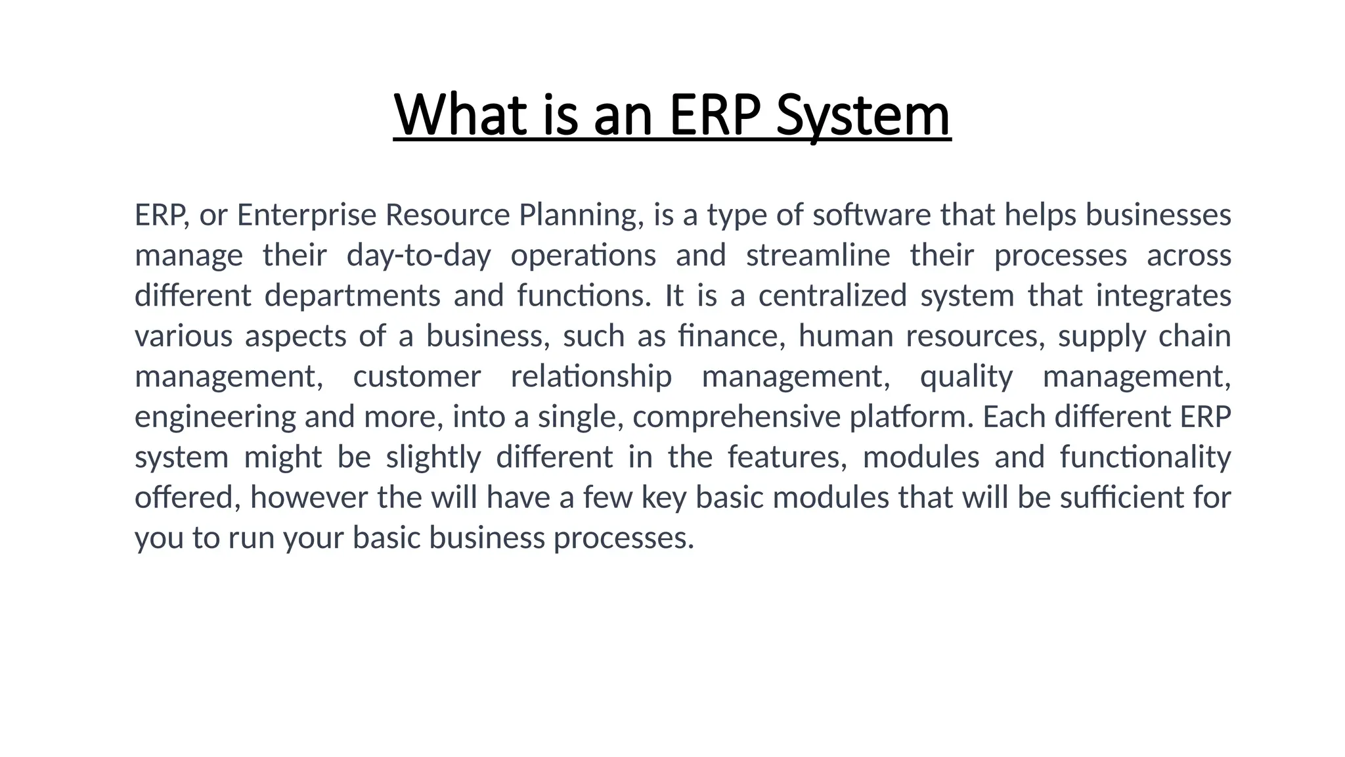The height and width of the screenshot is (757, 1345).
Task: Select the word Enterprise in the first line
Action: pos(307,215)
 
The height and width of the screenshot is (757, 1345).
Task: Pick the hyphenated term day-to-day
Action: pos(418,256)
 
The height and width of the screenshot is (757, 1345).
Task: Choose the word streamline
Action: pos(818,256)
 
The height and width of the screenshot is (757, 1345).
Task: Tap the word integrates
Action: pos(1163,296)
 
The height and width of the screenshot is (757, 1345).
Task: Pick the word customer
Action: pos(417,377)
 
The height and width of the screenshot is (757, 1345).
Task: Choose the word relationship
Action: pos(591,377)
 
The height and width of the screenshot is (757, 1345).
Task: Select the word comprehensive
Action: pos(736,417)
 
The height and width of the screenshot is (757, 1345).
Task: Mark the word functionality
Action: pos(1145,457)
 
